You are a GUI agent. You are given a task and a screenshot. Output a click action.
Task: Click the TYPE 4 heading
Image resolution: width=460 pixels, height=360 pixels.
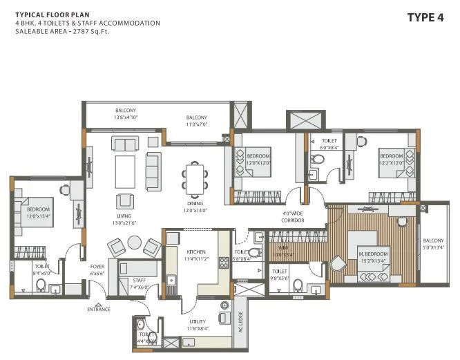click(x=425, y=17)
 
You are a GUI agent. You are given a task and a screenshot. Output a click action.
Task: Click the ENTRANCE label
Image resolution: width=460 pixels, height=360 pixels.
click(x=99, y=309)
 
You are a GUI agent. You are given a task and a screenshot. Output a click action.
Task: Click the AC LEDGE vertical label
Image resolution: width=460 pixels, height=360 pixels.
click(x=241, y=321)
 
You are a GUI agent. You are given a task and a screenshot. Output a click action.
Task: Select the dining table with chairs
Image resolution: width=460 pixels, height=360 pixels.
click(x=195, y=178)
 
